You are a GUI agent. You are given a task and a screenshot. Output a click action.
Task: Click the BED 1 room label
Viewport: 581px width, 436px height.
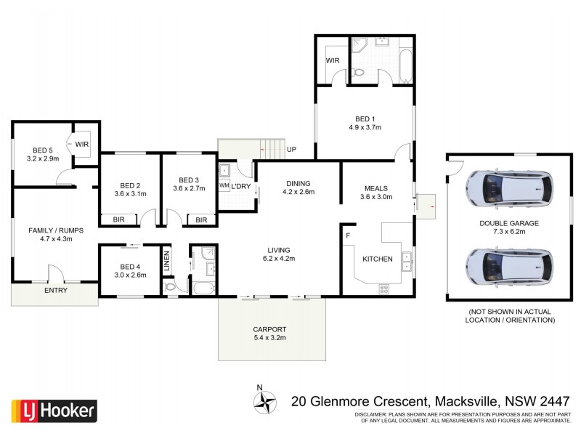tap(365, 118)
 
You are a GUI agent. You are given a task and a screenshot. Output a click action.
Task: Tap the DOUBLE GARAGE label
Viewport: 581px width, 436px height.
tap(509, 224)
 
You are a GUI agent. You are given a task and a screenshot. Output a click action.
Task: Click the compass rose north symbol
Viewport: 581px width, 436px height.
tap(265, 400)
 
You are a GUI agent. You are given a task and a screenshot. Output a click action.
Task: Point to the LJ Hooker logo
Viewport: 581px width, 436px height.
tap(54, 411)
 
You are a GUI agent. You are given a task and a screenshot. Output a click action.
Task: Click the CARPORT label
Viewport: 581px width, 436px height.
tap(269, 328)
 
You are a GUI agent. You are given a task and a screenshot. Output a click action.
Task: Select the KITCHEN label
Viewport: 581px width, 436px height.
tap(378, 259)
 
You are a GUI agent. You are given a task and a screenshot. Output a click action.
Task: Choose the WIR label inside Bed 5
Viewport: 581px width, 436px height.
tap(82, 145)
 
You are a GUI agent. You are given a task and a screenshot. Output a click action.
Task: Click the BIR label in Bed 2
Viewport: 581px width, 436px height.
tap(118, 219)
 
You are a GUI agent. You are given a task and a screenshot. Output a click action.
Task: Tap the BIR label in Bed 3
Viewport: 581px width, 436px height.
tap(201, 219)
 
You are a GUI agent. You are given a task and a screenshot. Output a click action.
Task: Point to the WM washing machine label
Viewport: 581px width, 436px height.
tap(224, 186)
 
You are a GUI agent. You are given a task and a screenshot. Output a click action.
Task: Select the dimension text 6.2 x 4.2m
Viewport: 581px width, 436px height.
tap(279, 258)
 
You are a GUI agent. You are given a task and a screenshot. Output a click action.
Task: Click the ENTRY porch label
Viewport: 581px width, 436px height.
tap(56, 291)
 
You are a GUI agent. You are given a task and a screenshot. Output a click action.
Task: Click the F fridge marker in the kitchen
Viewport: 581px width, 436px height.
tap(349, 235)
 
